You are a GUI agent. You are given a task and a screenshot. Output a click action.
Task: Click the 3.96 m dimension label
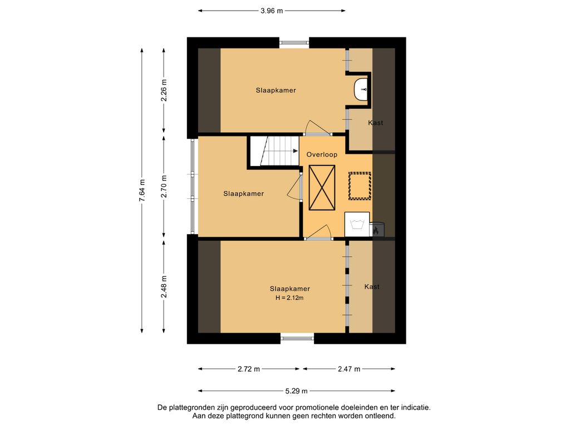[272, 11]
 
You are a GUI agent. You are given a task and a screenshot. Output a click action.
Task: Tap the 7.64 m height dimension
[142, 191]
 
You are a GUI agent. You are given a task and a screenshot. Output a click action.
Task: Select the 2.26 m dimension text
[164, 90]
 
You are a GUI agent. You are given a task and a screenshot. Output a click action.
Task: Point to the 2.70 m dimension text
[164, 186]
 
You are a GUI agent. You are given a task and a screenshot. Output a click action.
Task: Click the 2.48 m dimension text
[164, 287]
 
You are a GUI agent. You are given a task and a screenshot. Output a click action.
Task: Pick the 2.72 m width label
[249, 369]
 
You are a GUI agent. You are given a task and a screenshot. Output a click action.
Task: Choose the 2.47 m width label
[349, 369]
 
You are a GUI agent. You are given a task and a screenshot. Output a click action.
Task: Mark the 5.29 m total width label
[296, 391]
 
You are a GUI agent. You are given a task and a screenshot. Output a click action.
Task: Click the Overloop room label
[322, 155]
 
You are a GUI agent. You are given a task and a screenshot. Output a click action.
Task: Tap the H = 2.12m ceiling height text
[289, 298]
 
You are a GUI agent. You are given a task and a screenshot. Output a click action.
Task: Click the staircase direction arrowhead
[295, 150]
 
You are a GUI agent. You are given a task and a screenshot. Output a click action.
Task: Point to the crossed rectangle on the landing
[322, 187]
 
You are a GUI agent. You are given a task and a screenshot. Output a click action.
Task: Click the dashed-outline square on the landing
[360, 186]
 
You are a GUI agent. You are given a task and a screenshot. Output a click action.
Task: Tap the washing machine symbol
[357, 224]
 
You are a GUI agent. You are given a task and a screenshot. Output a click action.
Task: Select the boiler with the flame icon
[377, 229]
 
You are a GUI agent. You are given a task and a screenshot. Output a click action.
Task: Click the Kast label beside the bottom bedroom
[372, 287]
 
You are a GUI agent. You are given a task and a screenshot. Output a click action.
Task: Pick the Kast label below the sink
[376, 123]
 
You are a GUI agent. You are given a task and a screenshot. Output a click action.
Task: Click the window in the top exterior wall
[294, 42]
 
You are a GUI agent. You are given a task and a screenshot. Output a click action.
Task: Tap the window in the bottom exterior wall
[297, 338]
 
